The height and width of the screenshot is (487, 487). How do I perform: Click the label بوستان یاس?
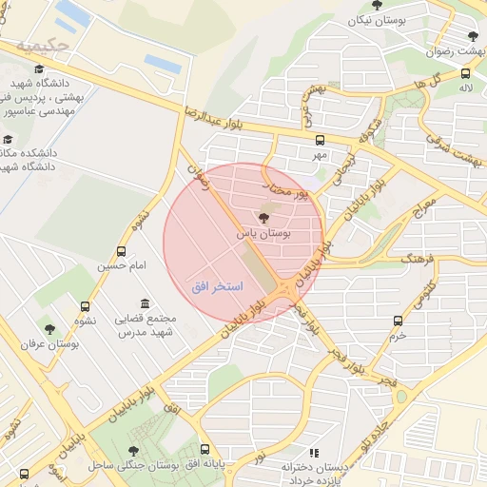(263, 232)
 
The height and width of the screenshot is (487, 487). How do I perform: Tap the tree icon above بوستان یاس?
(263, 218)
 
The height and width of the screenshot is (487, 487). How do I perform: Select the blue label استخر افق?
(217, 286)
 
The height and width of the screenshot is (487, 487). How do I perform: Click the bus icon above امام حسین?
(121, 251)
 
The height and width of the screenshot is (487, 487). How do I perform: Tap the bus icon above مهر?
(320, 139)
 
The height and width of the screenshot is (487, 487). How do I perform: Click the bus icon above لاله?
(465, 73)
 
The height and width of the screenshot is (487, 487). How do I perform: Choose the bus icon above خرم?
(398, 321)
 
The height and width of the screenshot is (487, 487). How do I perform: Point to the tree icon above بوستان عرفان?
(50, 330)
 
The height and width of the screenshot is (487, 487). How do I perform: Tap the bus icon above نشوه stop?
(86, 307)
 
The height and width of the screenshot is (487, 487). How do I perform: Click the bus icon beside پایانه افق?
(205, 450)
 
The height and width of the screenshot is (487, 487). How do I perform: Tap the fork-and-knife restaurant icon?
(315, 453)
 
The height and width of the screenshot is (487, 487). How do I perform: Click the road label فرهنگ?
(417, 258)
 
